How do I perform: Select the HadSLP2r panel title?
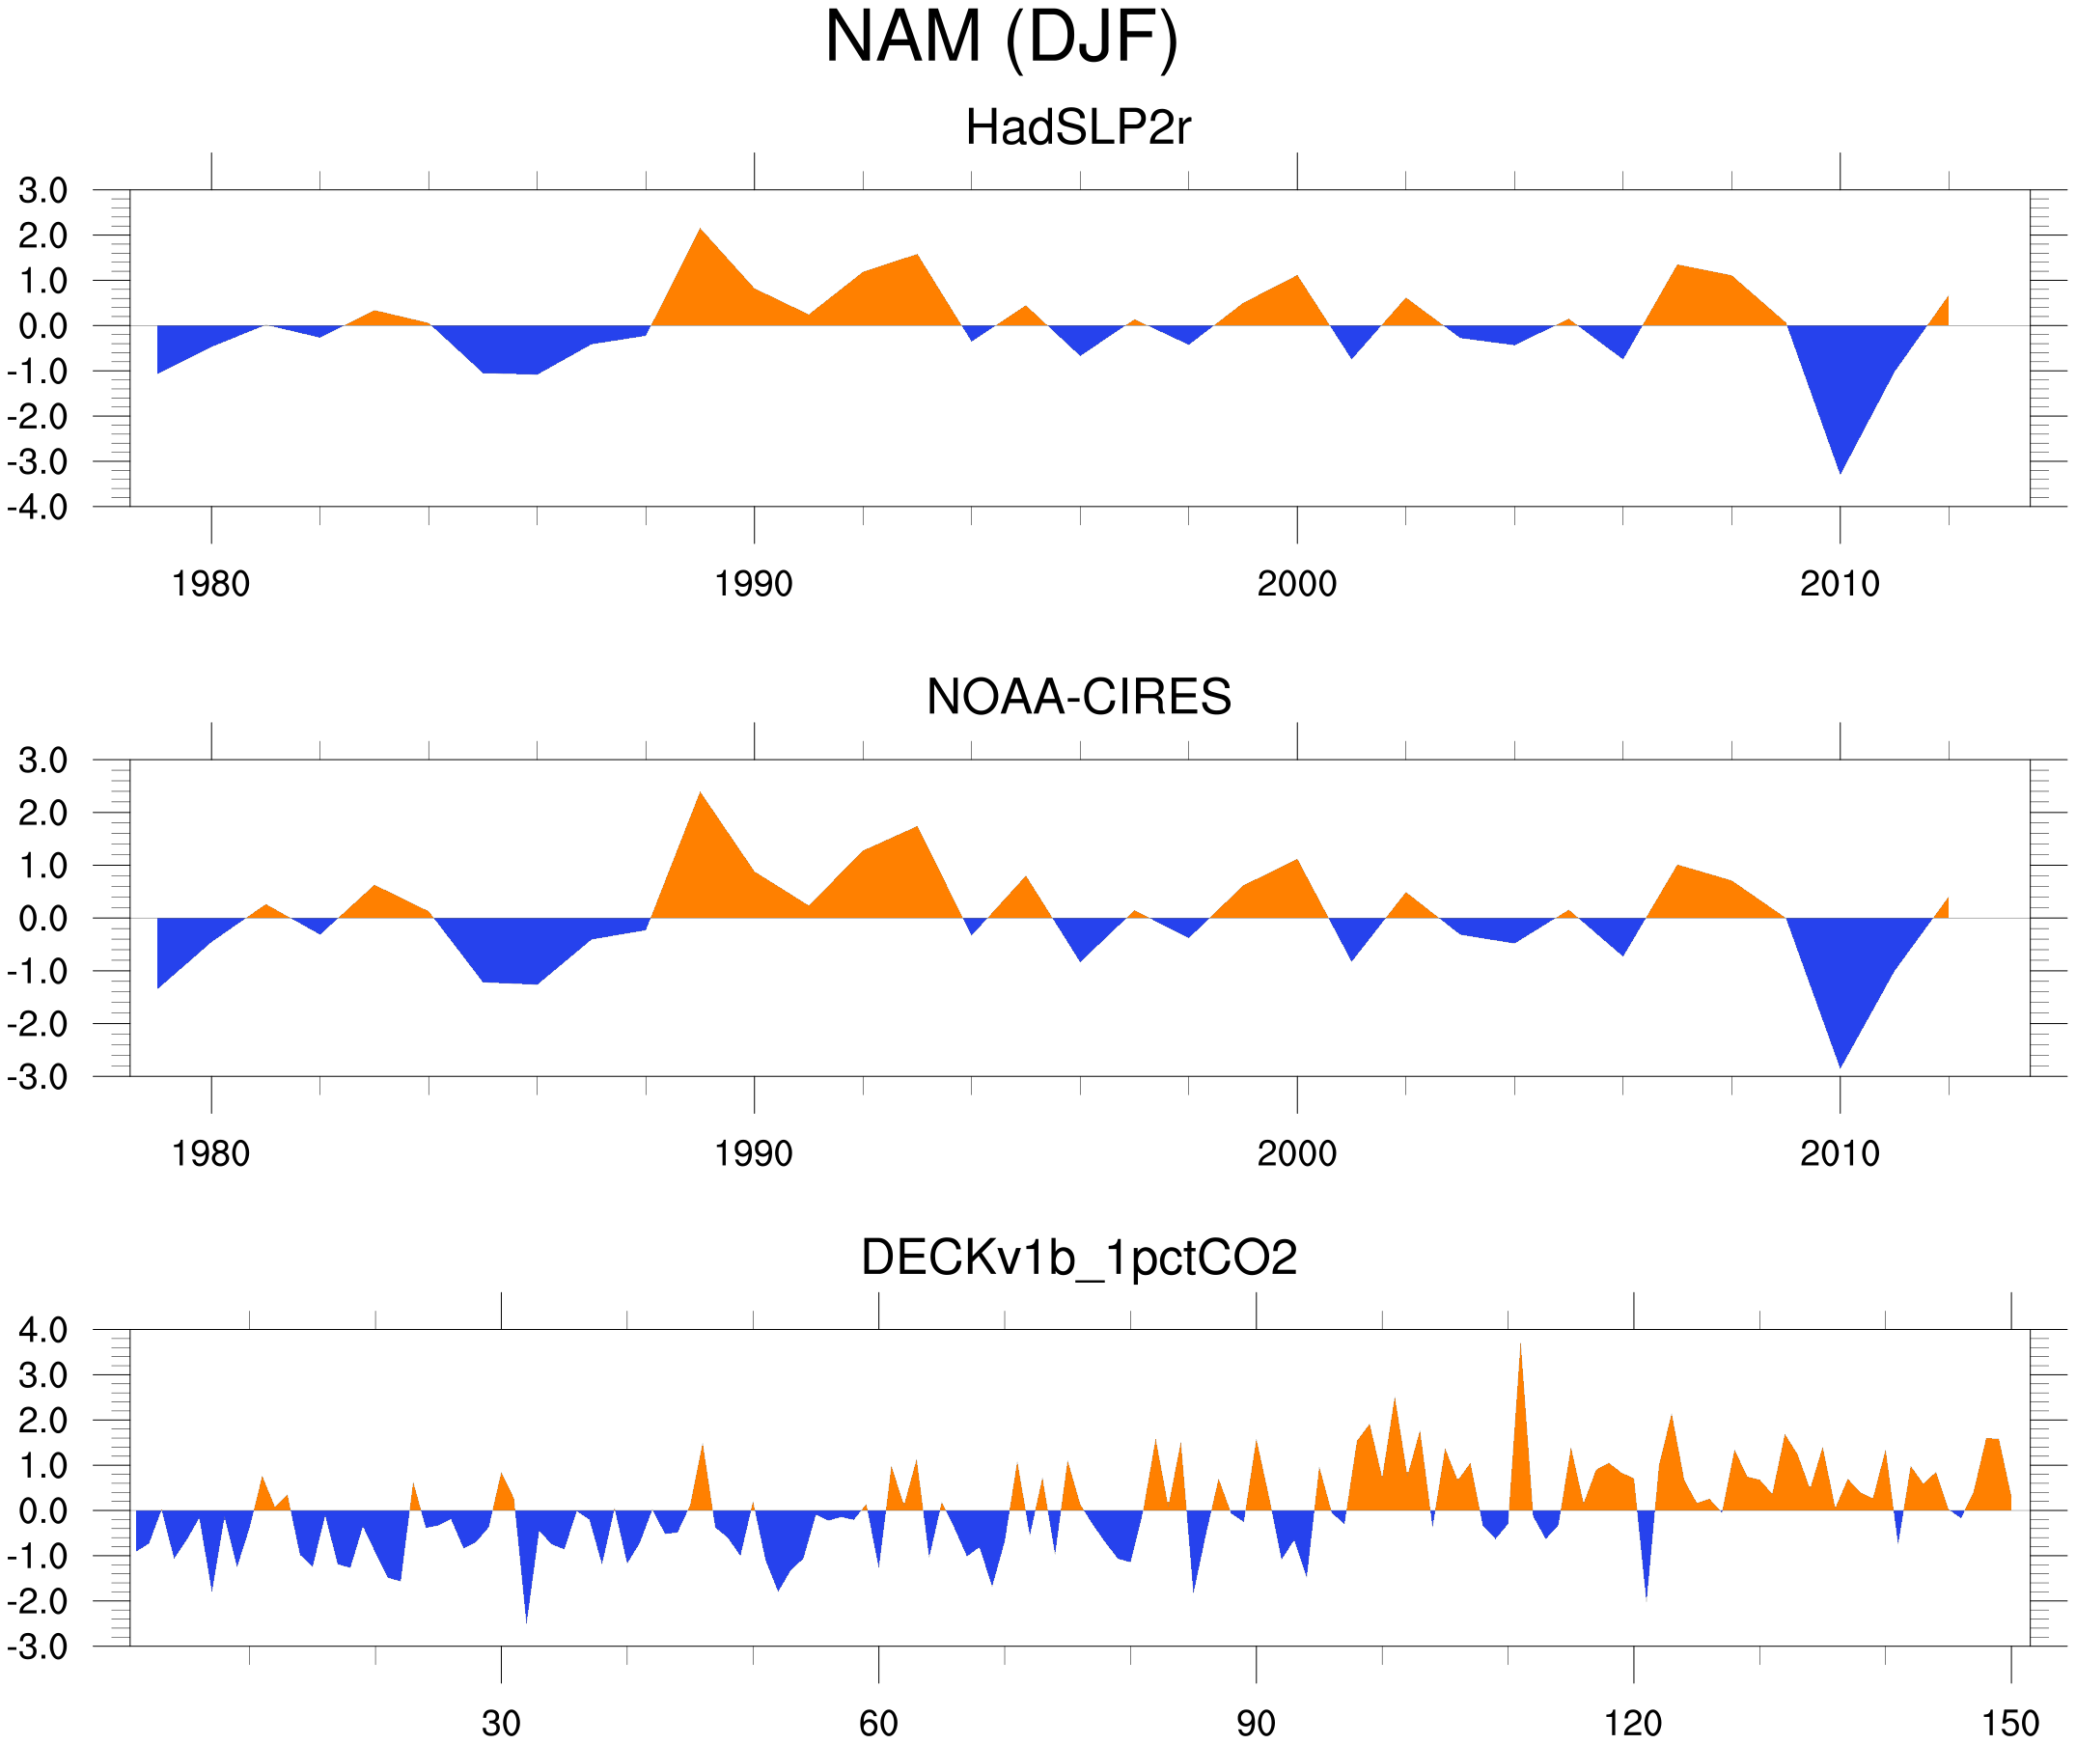click(1077, 127)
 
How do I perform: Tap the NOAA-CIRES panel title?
click(1077, 697)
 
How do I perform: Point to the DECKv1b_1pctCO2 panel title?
click(1077, 1258)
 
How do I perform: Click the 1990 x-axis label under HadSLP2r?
click(754, 584)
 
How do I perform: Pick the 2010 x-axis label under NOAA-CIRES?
click(1839, 1153)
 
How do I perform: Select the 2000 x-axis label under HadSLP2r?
click(1296, 584)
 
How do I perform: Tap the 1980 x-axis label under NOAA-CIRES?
click(210, 1153)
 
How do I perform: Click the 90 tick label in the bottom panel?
click(1256, 1723)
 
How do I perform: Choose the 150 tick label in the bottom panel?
click(2009, 1723)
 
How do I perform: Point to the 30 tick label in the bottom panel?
click(500, 1723)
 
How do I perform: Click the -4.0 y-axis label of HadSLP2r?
click(38, 509)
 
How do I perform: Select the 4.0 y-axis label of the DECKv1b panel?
click(42, 1331)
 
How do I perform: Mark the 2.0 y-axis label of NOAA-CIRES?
click(42, 814)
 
